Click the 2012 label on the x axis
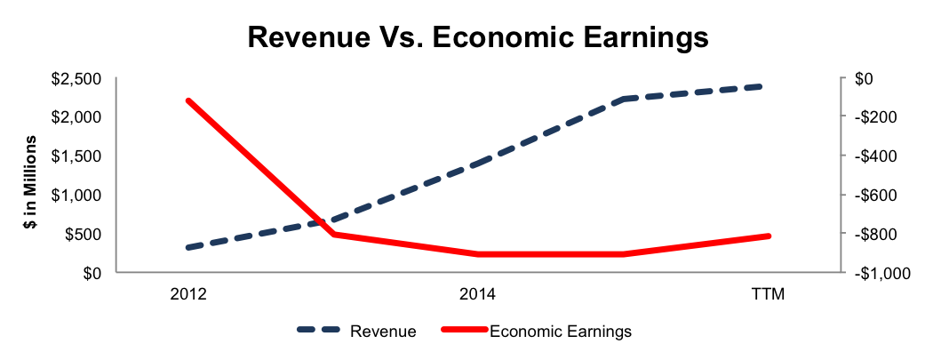pos(188,294)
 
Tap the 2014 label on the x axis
pos(478,294)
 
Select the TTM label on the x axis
pos(770,294)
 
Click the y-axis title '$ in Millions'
pos(31,182)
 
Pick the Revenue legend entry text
pos(384,332)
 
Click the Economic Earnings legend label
pos(561,332)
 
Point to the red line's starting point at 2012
pos(188,101)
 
